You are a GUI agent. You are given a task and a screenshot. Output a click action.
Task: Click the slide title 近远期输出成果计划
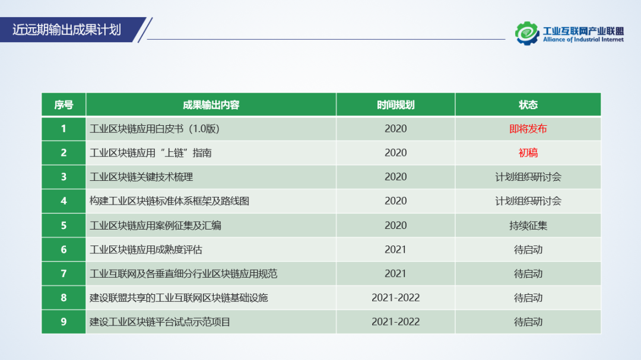click(66, 30)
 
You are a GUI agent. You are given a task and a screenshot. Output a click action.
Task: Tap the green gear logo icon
click(527, 33)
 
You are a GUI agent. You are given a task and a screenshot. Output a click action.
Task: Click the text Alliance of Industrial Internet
click(583, 40)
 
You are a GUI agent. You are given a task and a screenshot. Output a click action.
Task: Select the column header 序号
click(64, 105)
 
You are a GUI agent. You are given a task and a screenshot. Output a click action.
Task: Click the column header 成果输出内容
click(211, 105)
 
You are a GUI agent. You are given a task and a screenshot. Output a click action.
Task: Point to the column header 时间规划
click(395, 105)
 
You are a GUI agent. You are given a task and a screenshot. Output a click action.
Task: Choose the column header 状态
click(528, 105)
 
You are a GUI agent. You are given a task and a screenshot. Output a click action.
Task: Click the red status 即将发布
click(528, 129)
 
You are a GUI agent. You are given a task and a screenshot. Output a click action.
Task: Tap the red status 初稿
click(528, 153)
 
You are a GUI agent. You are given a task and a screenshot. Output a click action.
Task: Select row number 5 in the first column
click(64, 225)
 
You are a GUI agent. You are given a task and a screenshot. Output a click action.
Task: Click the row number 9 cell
click(64, 322)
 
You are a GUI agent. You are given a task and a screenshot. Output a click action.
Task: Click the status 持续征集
click(528, 225)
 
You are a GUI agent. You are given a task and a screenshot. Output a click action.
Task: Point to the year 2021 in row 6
click(395, 250)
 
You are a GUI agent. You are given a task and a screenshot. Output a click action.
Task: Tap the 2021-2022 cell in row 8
click(395, 298)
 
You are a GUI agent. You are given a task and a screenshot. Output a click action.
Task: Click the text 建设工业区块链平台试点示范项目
click(160, 322)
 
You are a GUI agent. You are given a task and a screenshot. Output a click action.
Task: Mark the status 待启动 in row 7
click(528, 274)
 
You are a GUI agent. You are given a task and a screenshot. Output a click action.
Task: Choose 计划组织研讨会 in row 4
click(528, 201)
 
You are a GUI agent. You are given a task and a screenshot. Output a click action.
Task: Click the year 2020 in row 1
click(395, 129)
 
